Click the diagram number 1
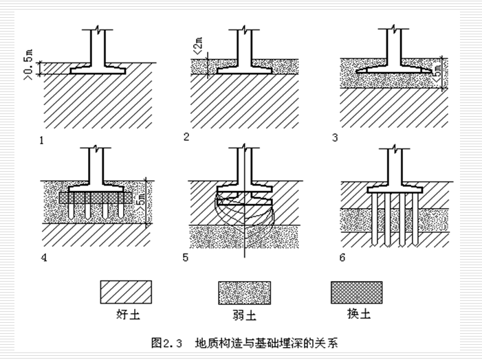point(42,140)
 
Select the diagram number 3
point(335,138)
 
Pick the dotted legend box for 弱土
point(245,291)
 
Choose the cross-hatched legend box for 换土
point(356,291)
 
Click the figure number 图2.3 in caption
point(168,341)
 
